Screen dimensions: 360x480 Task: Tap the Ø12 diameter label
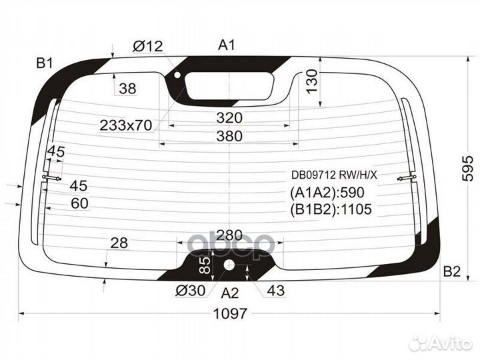coord(147,46)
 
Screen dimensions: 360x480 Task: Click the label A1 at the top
coord(227,45)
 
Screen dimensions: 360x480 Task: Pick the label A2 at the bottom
coord(230,292)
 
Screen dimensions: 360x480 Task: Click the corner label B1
coord(45,63)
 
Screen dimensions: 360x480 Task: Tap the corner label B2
coord(451,271)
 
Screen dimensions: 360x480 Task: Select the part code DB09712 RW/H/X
coord(333,175)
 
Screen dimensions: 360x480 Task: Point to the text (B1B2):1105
coord(330,210)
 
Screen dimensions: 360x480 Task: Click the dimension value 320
coord(229,118)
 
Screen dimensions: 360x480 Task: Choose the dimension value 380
coord(229,136)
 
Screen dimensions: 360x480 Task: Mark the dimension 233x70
coord(126,124)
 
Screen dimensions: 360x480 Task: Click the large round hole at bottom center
coord(229,266)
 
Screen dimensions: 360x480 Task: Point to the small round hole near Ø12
coord(177,75)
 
